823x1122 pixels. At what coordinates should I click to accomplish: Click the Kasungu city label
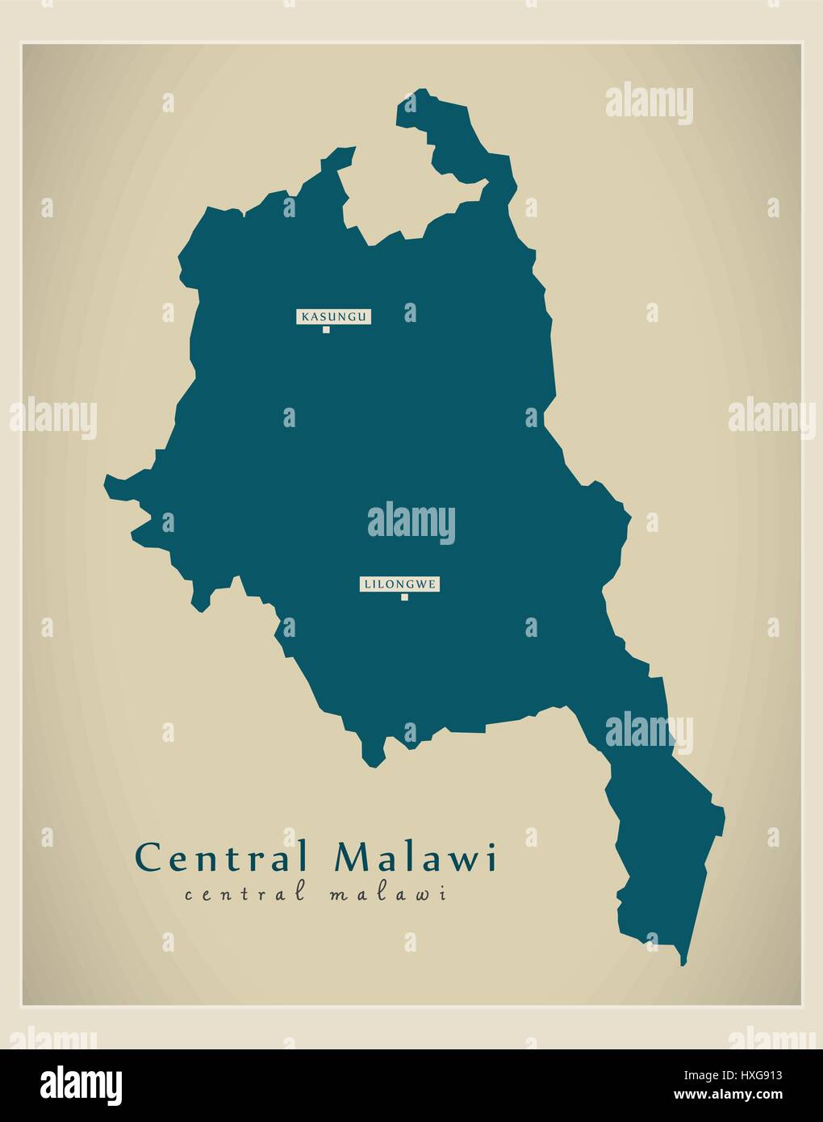coord(333,316)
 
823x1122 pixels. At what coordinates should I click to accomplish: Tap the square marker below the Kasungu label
coord(326,329)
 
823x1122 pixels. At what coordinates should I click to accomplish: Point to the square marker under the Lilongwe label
coord(404,597)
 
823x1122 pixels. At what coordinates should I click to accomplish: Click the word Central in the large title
coord(223,857)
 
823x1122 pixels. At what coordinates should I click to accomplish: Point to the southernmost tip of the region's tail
coord(683,964)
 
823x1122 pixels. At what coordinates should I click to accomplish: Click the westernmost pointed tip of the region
coord(106,484)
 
